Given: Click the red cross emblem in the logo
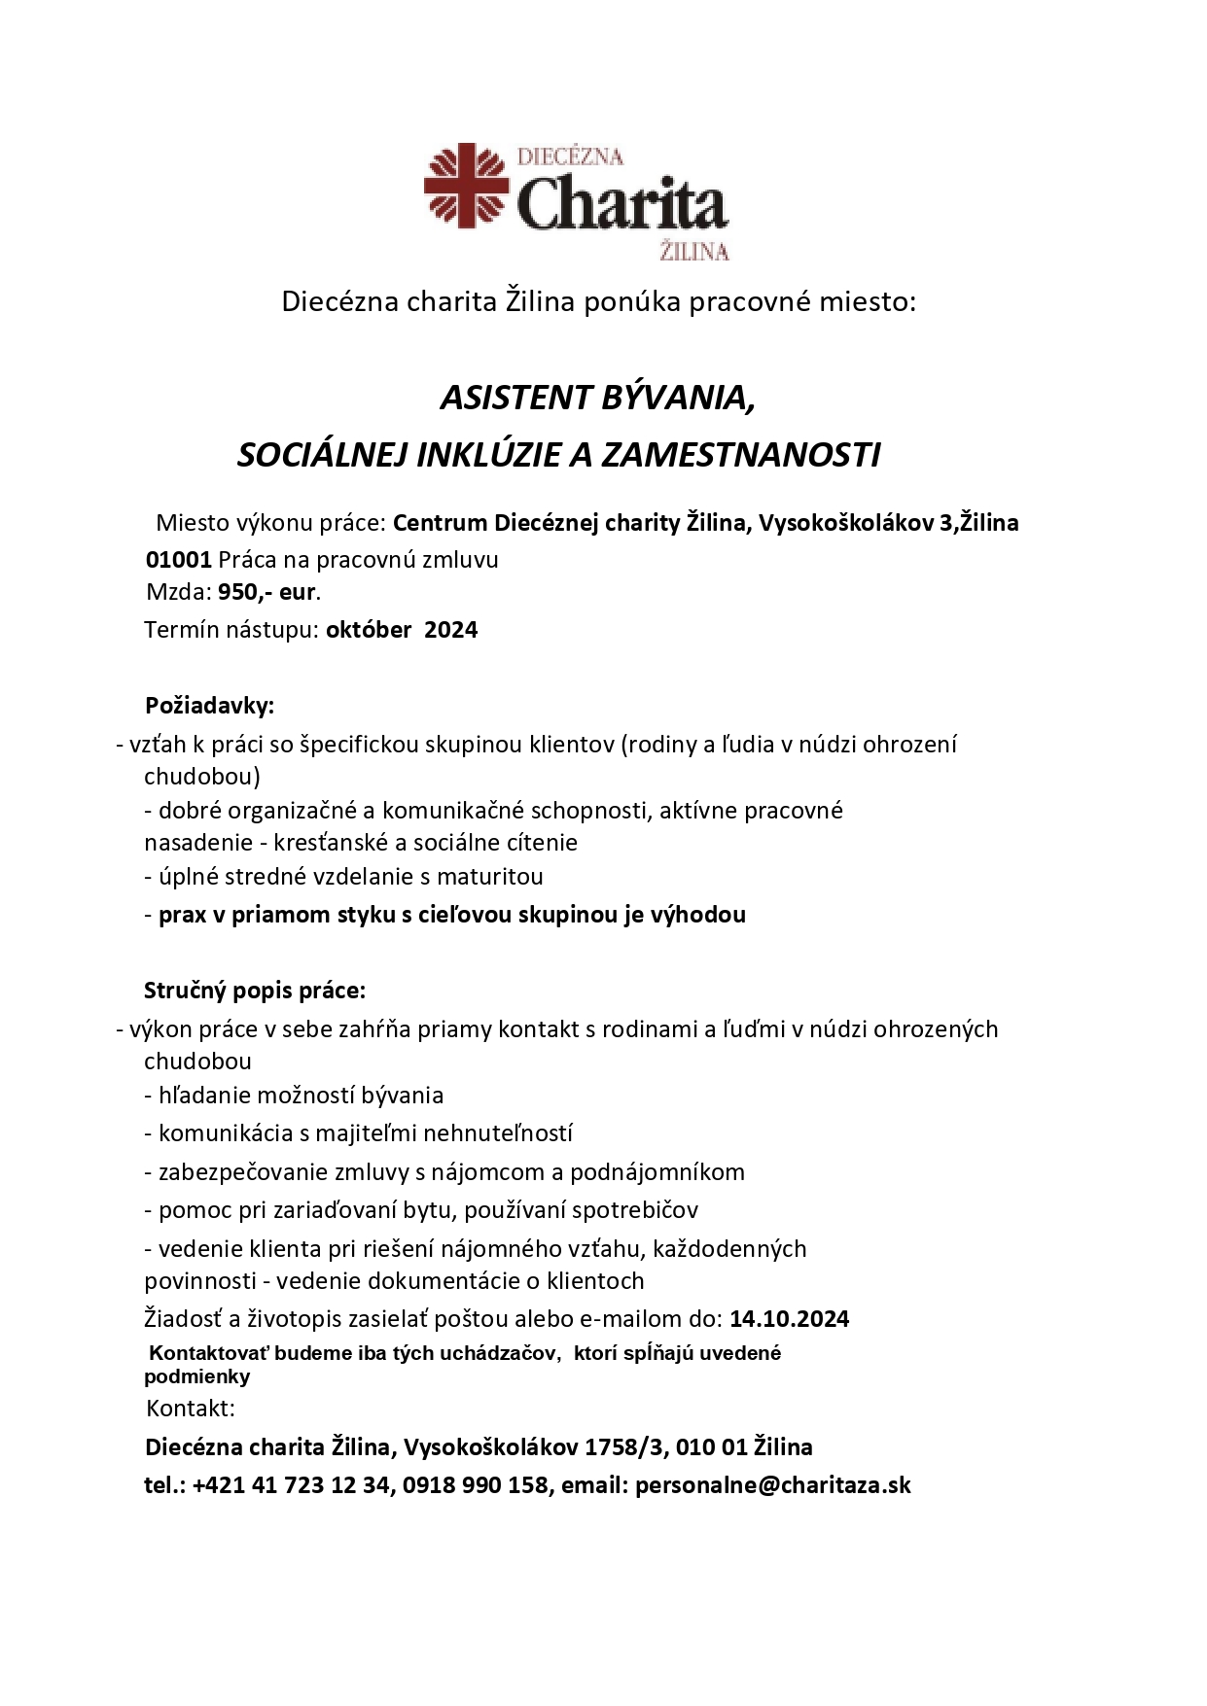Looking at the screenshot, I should click(x=467, y=186).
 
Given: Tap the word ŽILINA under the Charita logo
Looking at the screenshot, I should click(x=693, y=252).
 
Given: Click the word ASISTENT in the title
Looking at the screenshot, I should click(x=515, y=398).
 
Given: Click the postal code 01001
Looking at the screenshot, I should click(x=179, y=560).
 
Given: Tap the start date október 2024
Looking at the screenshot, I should click(x=402, y=630).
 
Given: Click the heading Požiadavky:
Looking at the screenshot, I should click(x=209, y=705).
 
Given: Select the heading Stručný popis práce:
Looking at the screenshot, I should click(x=255, y=991).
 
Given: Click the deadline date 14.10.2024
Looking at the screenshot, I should click(x=789, y=1319).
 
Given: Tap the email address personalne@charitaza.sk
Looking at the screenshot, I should click(x=772, y=1485).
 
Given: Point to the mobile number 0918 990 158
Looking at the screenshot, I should click(x=476, y=1485).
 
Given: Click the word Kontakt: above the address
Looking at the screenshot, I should click(x=191, y=1409).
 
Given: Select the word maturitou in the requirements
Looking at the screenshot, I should click(x=489, y=877).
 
